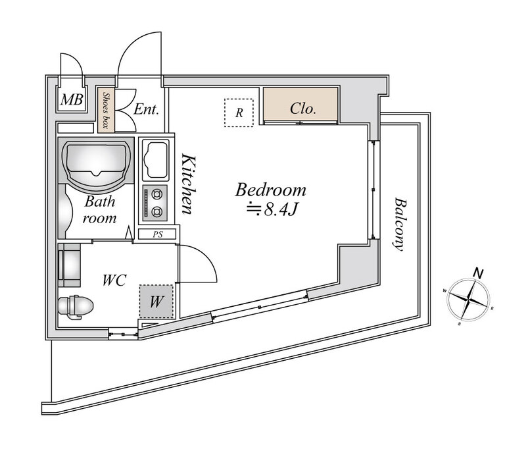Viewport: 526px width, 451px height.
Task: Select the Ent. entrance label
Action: point(146,109)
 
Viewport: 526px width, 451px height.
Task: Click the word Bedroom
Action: point(271,191)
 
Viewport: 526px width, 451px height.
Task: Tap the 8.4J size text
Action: point(276,211)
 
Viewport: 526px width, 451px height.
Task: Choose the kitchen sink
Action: point(156,160)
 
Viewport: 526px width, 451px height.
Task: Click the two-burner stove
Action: point(156,203)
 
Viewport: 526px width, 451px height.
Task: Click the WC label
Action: point(115,280)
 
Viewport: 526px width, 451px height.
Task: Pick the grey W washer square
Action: point(156,302)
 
